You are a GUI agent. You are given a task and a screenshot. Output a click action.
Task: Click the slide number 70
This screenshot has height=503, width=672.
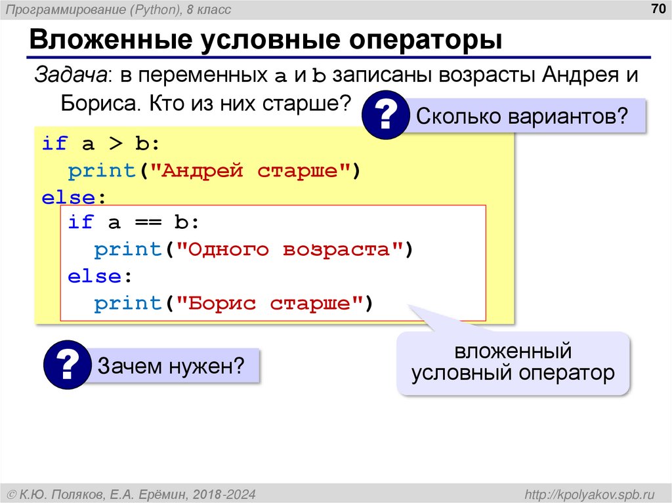click(x=657, y=9)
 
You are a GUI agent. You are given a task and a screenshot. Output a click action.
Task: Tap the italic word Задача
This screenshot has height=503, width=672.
click(x=70, y=74)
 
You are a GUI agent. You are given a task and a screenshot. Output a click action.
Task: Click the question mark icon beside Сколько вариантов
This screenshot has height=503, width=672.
click(x=387, y=117)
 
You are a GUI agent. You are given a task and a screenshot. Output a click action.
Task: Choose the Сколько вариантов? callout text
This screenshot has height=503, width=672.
click(x=522, y=117)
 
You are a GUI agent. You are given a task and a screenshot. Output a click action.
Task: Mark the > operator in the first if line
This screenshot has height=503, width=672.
click(x=108, y=144)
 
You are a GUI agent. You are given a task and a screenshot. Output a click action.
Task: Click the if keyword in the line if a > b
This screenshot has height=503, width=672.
click(x=54, y=144)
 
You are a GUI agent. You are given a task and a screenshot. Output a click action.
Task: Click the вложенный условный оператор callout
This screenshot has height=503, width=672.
click(x=513, y=363)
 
